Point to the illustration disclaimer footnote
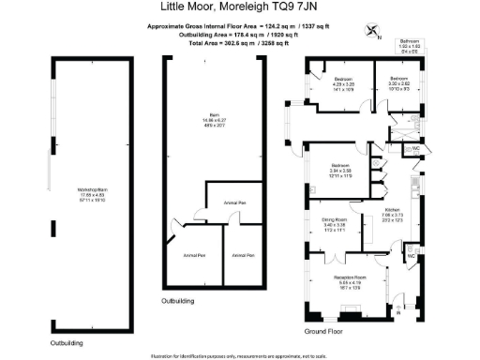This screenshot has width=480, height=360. [x=241, y=354]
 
